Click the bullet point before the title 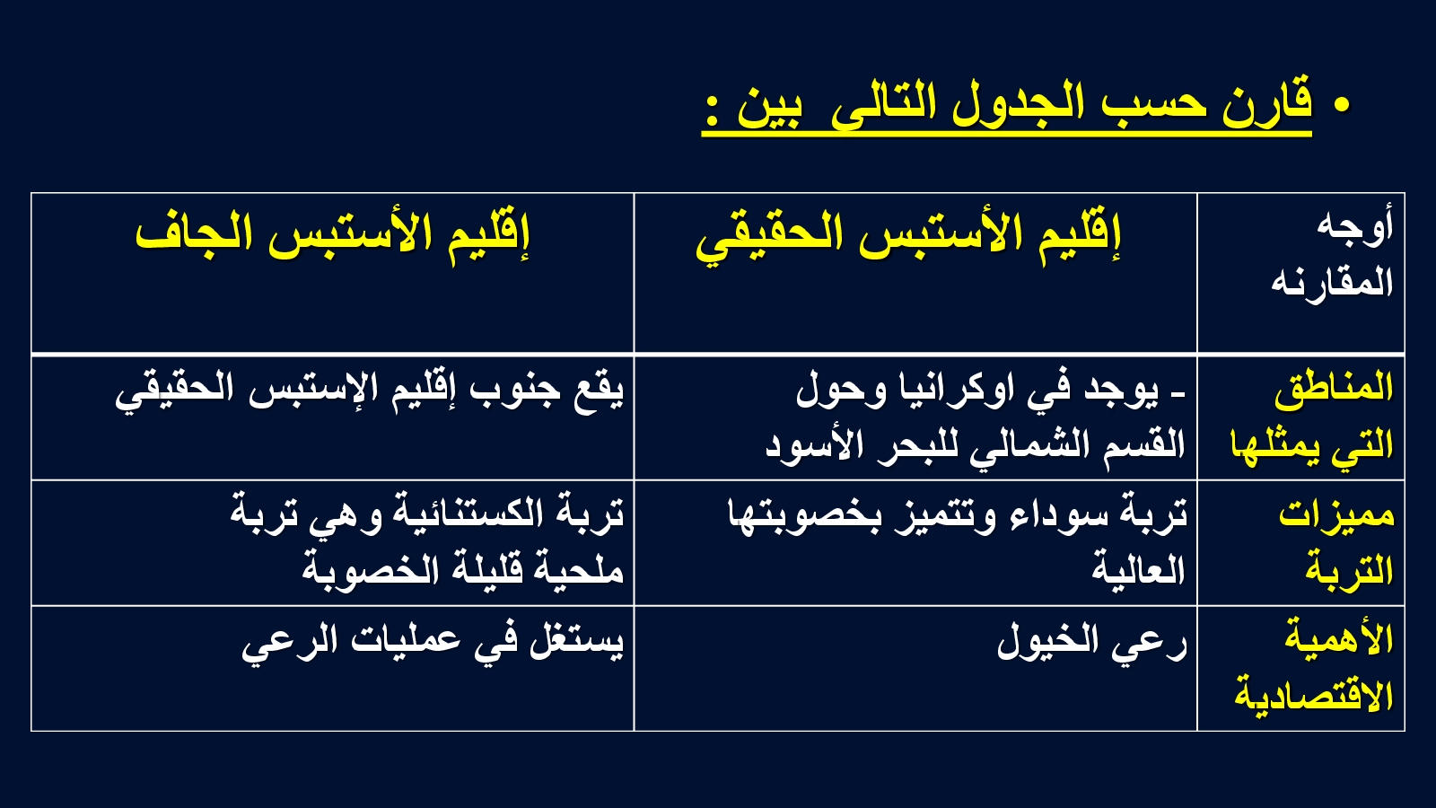(x=1341, y=105)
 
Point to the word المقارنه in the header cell (x=1332, y=282)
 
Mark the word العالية (x=1139, y=569)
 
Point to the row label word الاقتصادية (x=1314, y=696)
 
